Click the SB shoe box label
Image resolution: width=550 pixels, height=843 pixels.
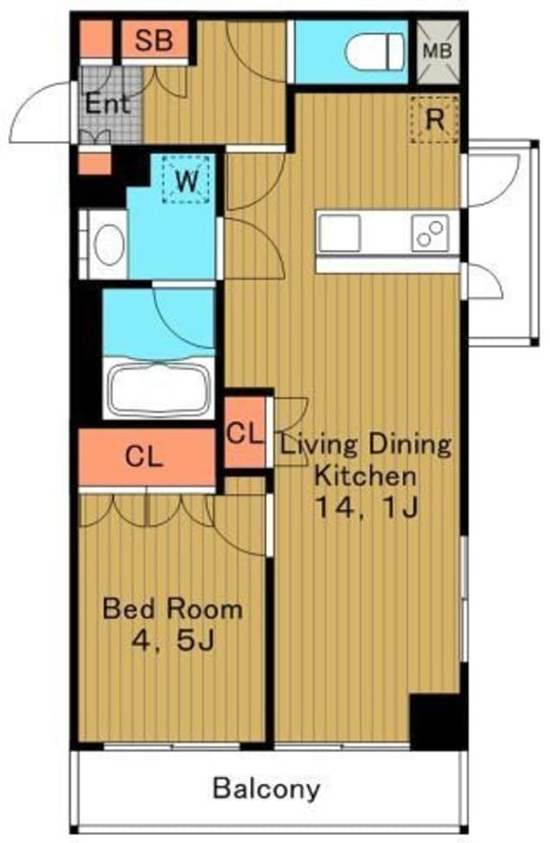154,40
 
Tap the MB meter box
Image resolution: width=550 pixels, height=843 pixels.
438,51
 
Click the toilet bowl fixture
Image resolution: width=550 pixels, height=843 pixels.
375,51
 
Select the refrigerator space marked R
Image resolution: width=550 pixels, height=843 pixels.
434,120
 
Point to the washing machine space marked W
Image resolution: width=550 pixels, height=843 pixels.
187,180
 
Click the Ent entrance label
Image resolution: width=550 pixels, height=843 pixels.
107,104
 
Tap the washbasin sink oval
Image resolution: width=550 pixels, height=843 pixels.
110,244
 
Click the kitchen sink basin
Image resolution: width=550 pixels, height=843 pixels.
339,233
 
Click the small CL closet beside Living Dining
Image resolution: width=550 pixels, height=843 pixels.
245,432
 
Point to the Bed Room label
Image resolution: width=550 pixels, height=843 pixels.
172,609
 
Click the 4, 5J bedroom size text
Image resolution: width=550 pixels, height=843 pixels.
173,640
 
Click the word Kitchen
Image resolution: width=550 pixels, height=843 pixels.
365,476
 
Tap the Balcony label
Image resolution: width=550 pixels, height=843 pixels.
267,789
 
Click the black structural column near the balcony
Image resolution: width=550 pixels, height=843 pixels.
436,721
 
